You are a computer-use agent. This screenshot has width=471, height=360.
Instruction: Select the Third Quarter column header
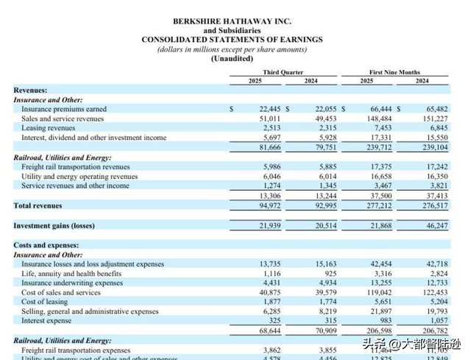coord(283,72)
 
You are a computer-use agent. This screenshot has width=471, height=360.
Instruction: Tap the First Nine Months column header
coord(394,72)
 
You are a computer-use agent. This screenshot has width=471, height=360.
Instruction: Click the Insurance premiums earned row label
coord(64,109)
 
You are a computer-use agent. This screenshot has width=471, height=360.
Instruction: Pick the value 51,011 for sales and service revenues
coord(270,119)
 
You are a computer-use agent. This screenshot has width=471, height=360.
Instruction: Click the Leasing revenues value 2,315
coord(326,127)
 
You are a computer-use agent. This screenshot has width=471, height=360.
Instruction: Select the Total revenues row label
coord(38,206)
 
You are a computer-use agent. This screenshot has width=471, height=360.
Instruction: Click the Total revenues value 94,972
coord(270,206)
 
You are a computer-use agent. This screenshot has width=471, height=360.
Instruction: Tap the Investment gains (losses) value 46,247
coord(436,225)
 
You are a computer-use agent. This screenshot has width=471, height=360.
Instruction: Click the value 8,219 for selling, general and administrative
coord(326,311)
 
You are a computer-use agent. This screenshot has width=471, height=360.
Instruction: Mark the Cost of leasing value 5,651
coord(382,302)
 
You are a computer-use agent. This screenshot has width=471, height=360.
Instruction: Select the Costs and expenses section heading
coord(46,244)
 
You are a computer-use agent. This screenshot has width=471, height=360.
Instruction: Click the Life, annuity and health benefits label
coord(73,273)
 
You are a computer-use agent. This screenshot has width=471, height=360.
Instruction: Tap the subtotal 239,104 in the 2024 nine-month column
coord(435,147)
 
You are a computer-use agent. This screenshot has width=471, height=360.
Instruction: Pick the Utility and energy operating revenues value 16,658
coord(380,177)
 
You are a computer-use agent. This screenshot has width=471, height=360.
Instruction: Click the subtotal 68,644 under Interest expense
coord(270,331)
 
